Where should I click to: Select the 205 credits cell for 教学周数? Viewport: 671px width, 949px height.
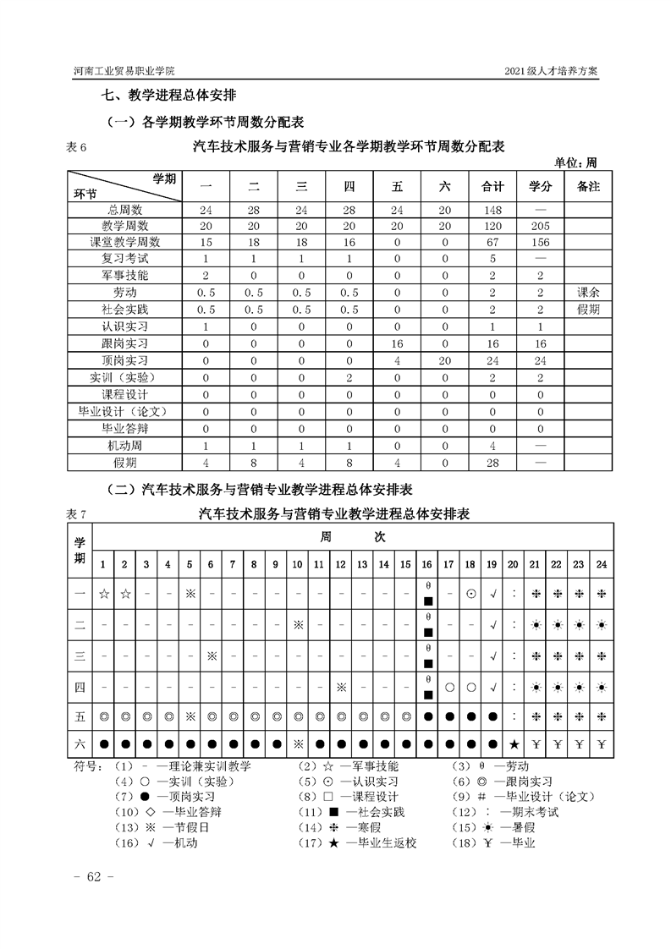click(541, 226)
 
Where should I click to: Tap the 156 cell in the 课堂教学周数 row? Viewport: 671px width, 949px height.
click(541, 242)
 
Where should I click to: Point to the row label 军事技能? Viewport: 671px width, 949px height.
click(124, 275)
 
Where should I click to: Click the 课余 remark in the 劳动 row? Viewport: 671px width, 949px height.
click(588, 292)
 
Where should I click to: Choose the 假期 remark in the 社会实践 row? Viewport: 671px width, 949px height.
click(588, 309)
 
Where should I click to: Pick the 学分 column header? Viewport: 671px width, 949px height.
click(541, 186)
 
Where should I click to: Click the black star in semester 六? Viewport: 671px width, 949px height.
click(514, 745)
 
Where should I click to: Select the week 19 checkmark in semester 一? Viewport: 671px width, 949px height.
click(492, 594)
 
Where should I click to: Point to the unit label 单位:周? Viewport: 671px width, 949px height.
click(576, 162)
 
